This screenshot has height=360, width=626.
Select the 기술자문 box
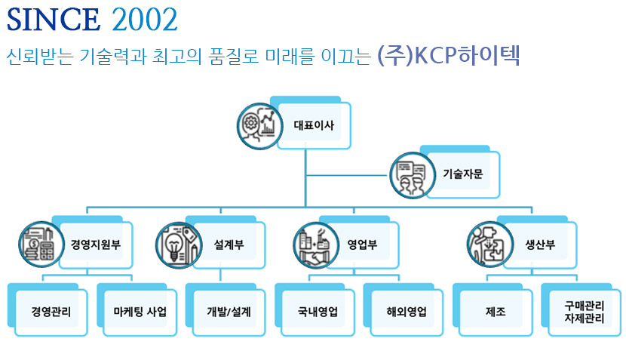coord(462,174)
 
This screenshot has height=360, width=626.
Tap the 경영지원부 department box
coord(96,245)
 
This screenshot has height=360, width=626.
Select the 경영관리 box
coord(51,311)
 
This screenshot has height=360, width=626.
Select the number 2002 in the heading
coord(145,20)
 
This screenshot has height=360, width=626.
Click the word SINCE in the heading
coord(54,20)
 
